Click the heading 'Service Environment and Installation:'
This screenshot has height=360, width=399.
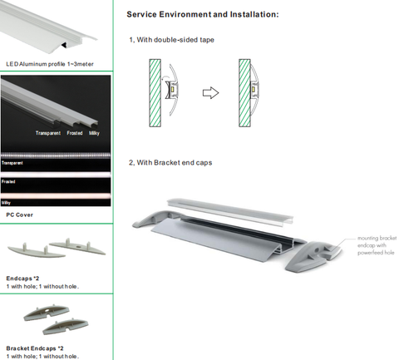pyautogui.click(x=203, y=14)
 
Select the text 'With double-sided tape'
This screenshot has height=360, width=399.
pyautogui.click(x=175, y=40)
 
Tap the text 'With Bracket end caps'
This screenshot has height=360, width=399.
pyautogui.click(x=175, y=163)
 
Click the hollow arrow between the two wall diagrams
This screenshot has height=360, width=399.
pyautogui.click(x=210, y=92)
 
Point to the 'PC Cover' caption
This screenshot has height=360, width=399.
pyautogui.click(x=19, y=215)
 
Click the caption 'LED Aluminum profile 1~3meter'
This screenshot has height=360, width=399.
pyautogui.click(x=50, y=64)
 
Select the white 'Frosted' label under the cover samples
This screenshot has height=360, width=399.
pyautogui.click(x=75, y=133)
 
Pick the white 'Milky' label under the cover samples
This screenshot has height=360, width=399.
pyautogui.click(x=94, y=133)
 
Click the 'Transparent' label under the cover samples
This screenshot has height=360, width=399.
pyautogui.click(x=48, y=133)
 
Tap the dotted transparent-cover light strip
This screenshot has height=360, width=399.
pyautogui.click(x=56, y=155)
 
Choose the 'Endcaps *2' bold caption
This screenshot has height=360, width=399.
pyautogui.click(x=22, y=279)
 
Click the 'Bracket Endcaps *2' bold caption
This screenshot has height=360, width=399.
pyautogui.click(x=35, y=348)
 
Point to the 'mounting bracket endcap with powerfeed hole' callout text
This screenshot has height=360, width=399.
pyautogui.click(x=377, y=245)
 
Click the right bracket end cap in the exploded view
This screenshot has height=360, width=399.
pyautogui.click(x=313, y=256)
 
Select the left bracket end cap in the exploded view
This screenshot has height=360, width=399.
pyautogui.click(x=155, y=218)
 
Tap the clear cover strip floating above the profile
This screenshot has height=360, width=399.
pyautogui.click(x=230, y=211)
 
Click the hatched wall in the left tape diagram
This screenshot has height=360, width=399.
pyautogui.click(x=155, y=93)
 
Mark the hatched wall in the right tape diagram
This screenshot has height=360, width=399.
pyautogui.click(x=244, y=93)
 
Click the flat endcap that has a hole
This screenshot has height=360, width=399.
pyautogui.click(x=77, y=246)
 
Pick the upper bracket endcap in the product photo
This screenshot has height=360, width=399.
pyautogui.click(x=47, y=313)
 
